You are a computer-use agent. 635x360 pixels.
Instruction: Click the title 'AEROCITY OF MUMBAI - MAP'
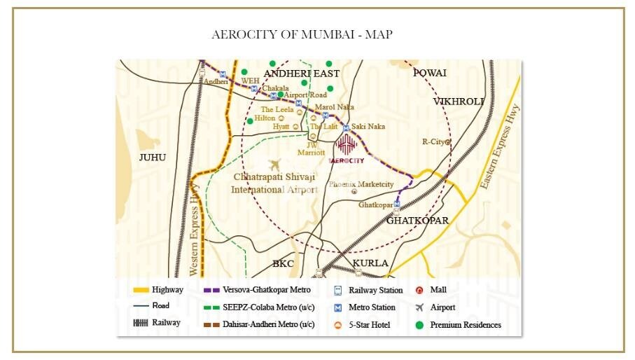(302, 34)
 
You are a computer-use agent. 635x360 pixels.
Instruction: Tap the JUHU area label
(152, 157)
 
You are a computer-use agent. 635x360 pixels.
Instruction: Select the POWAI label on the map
(429, 73)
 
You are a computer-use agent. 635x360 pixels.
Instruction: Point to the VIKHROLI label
(458, 102)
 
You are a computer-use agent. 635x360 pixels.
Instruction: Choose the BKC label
(283, 263)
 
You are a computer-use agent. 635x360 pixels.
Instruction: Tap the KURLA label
(370, 263)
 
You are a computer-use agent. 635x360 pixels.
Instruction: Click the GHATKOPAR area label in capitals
(417, 220)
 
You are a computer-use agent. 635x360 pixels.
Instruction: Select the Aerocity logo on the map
(347, 148)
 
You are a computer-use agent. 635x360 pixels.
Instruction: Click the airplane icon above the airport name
(274, 165)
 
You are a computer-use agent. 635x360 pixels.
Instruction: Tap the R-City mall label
(434, 141)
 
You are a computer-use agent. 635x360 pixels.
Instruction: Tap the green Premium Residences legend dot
(419, 325)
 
